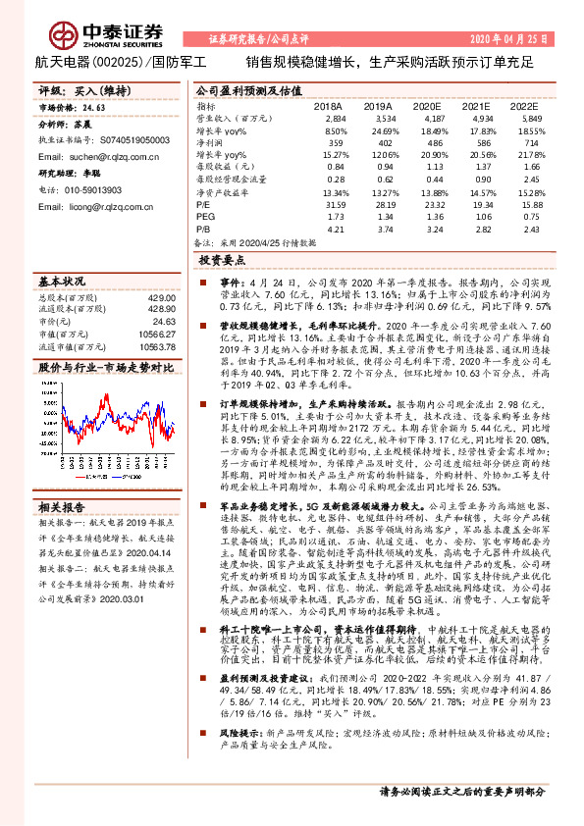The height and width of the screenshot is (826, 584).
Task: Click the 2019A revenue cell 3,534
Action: (378, 117)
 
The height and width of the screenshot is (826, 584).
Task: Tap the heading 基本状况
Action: (61, 281)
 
